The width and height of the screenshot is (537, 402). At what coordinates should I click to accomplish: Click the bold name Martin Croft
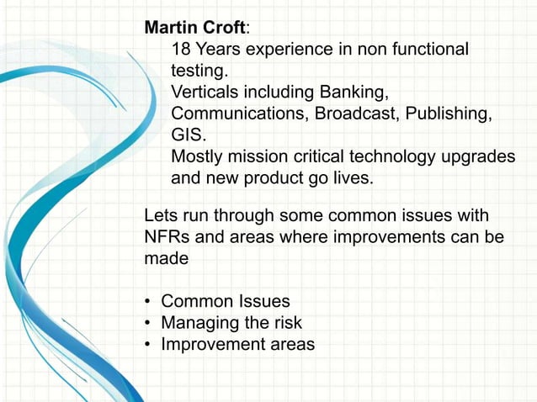click(195, 26)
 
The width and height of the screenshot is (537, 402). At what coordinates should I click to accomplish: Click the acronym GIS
click(189, 135)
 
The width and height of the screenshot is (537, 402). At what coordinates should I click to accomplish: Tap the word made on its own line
click(166, 259)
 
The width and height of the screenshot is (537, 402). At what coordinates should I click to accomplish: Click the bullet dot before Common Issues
click(148, 302)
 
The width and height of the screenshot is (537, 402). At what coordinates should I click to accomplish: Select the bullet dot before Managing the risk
click(148, 323)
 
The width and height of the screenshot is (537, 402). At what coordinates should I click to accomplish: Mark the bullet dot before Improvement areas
click(148, 345)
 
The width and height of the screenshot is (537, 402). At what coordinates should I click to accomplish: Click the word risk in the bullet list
click(287, 323)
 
